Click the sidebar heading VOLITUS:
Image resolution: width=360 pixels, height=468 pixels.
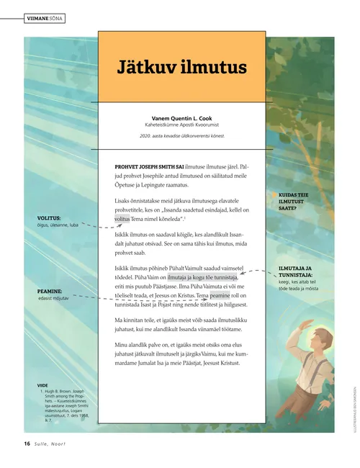click(x=49, y=217)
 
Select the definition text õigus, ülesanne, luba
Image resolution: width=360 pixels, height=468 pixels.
click(x=63, y=225)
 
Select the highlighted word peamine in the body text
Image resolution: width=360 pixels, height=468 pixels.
click(x=220, y=295)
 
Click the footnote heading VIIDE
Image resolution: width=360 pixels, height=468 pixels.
click(x=42, y=385)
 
